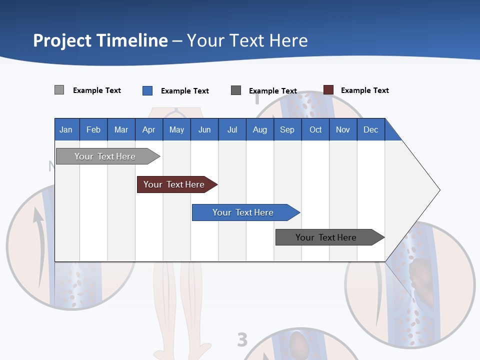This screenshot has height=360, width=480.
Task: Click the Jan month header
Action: [x=66, y=129]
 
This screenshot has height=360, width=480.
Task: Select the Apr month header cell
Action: [x=148, y=129]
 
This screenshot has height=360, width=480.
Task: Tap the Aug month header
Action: [x=259, y=129]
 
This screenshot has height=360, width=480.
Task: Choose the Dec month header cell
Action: [x=370, y=129]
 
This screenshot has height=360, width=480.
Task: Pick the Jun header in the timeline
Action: [x=204, y=129]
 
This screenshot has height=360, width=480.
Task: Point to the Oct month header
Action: [x=315, y=129]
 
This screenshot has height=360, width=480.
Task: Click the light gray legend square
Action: [x=59, y=90]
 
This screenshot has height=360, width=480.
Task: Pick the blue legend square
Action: [x=147, y=90]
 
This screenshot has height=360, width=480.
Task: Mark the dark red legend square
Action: [x=328, y=90]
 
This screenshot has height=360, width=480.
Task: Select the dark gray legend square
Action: [x=236, y=90]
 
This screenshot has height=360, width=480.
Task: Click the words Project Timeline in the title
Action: [x=100, y=40]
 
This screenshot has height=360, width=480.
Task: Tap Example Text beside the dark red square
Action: [x=364, y=90]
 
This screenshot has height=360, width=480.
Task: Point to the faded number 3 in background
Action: [x=242, y=339]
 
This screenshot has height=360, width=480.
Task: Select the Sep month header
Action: [x=287, y=129]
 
